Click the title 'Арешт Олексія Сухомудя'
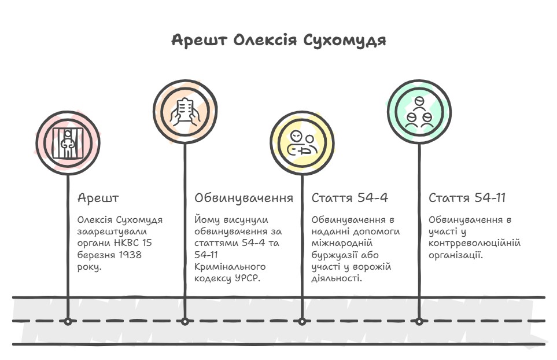[x=278, y=41]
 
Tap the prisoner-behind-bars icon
[x=68, y=142]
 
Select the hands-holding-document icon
[x=185, y=112]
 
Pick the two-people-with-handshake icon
[x=302, y=143]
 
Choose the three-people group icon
[x=419, y=112]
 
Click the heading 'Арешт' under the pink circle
[x=98, y=198]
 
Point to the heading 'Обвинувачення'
[x=244, y=198]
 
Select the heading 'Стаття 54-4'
[x=349, y=198]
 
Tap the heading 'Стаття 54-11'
[x=467, y=198]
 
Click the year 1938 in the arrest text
[x=130, y=255]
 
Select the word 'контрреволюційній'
[x=474, y=243]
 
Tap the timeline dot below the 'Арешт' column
[x=68, y=321]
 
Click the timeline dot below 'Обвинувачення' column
[x=185, y=321]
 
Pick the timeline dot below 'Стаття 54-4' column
[x=302, y=321]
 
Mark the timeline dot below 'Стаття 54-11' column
[x=419, y=321]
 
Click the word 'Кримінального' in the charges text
[x=230, y=267]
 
